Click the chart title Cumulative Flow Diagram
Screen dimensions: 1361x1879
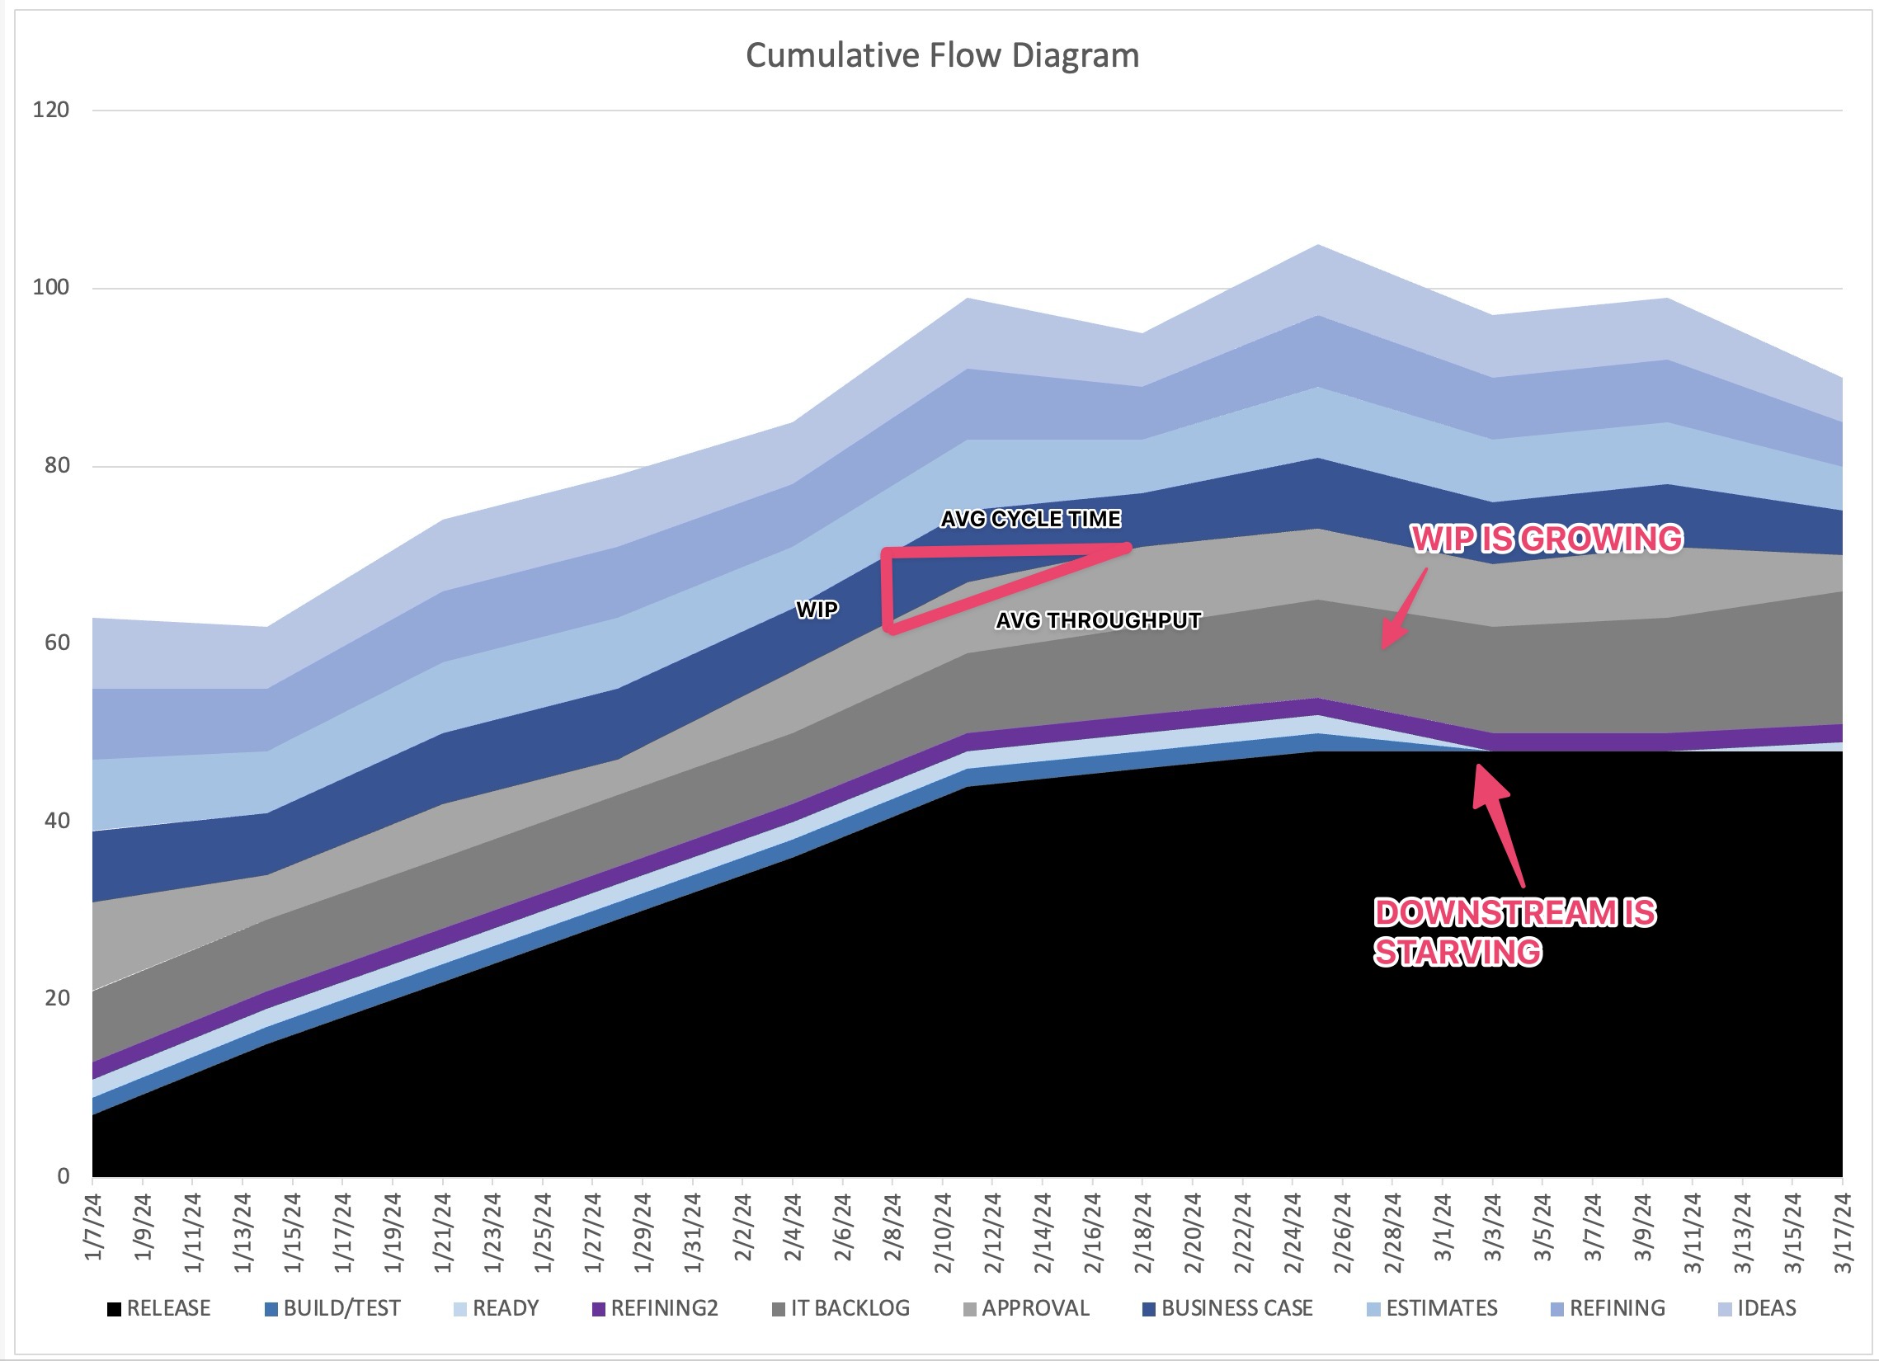[942, 55]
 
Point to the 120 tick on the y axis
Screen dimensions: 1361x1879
[50, 111]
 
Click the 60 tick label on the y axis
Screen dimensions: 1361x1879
[56, 643]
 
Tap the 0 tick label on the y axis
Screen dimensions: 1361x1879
[63, 1176]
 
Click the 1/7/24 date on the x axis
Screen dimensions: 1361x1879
[93, 1226]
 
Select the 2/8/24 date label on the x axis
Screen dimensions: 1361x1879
[893, 1226]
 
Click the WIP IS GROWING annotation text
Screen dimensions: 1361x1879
[1547, 539]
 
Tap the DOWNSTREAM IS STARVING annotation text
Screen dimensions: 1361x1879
[1514, 932]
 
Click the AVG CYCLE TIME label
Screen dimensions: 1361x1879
[1030, 519]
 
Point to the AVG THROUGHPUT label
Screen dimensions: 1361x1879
[1098, 620]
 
